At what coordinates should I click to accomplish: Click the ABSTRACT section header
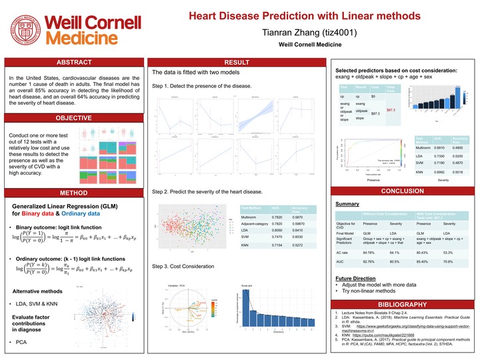[x=74, y=63]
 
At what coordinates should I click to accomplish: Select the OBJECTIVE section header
[x=74, y=118]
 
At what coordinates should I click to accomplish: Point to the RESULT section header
[x=237, y=63]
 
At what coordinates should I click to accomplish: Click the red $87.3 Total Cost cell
[x=391, y=109]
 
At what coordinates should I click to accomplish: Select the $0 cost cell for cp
[x=373, y=97]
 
